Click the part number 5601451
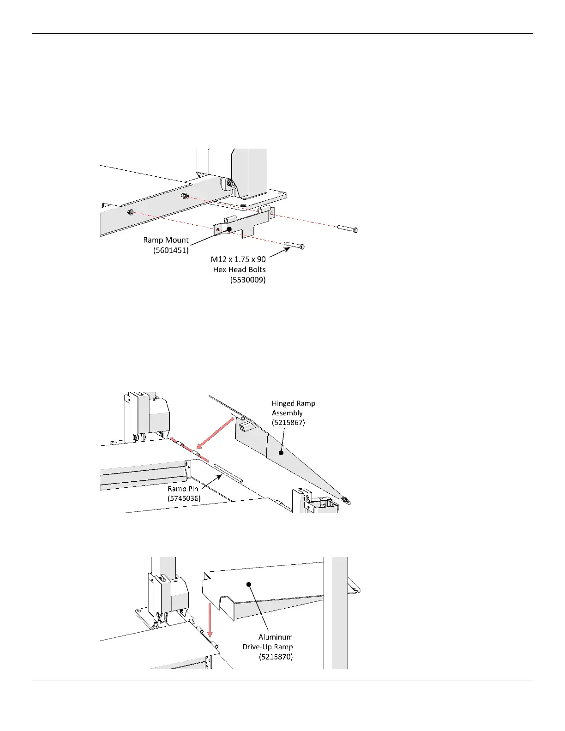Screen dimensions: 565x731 [171, 250]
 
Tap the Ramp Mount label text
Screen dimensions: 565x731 [166, 240]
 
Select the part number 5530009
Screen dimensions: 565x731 [248, 280]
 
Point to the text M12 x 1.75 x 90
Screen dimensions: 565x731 [238, 259]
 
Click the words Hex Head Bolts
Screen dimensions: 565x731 [239, 270]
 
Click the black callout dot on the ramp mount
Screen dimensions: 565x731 [228, 229]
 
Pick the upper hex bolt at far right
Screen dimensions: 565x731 [348, 229]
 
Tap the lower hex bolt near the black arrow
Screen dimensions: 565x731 [294, 246]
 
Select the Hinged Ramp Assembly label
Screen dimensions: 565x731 [293, 408]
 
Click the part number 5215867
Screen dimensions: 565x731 [288, 423]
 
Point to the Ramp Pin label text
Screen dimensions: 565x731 [183, 489]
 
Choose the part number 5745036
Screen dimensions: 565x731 [184, 498]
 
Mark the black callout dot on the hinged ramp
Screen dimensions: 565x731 [280, 453]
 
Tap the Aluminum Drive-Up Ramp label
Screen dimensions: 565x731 [268, 642]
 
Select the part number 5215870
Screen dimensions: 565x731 [276, 657]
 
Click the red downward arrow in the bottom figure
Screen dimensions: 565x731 [210, 618]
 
